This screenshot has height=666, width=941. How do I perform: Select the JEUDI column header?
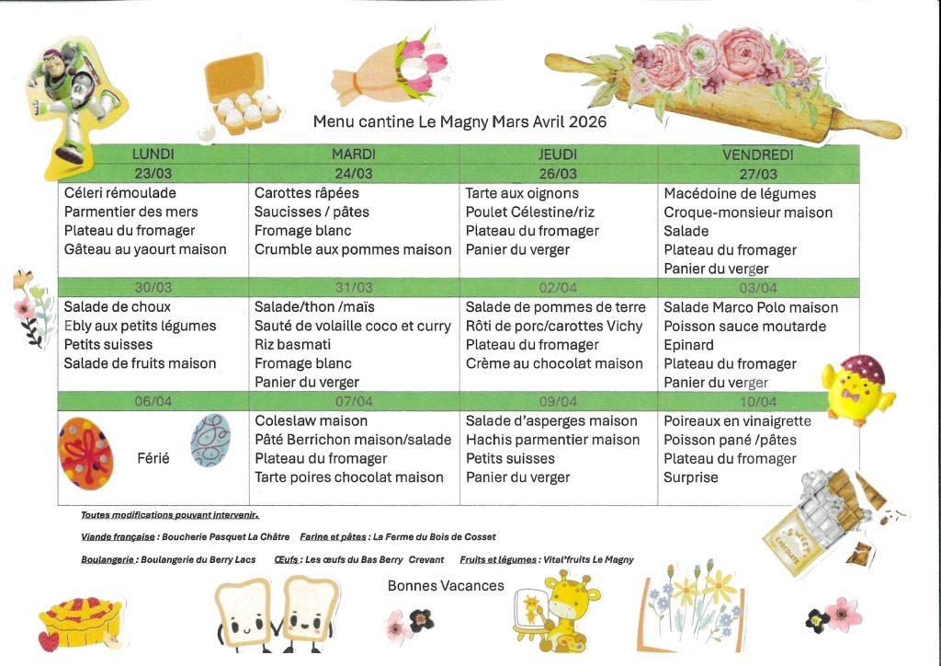(557, 155)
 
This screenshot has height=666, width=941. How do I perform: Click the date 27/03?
(758, 174)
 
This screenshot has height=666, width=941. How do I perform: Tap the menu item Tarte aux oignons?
(522, 193)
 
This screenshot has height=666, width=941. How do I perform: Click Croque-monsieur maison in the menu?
(748, 212)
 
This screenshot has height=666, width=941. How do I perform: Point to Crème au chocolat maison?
(554, 363)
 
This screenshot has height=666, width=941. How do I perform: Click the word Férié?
(153, 458)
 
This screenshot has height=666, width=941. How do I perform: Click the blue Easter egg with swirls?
(210, 441)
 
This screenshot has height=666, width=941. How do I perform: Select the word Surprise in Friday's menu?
(691, 477)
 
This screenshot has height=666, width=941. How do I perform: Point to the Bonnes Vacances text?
(446, 586)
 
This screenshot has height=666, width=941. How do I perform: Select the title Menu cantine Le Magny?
(459, 121)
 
